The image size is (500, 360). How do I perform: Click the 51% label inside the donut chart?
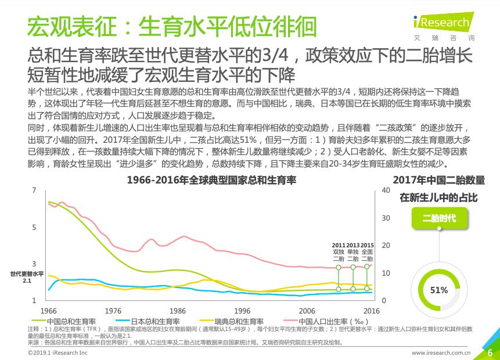(x=439, y=290)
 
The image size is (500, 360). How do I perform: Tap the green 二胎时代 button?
(x=439, y=218)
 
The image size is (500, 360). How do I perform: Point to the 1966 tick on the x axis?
(x=49, y=311)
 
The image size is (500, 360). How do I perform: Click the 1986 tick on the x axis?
(x=178, y=311)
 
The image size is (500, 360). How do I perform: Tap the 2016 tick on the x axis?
(x=371, y=311)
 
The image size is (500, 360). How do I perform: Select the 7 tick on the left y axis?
(x=34, y=190)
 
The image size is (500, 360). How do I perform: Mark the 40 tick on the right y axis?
(x=384, y=190)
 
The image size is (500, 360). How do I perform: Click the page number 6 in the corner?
(x=489, y=352)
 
